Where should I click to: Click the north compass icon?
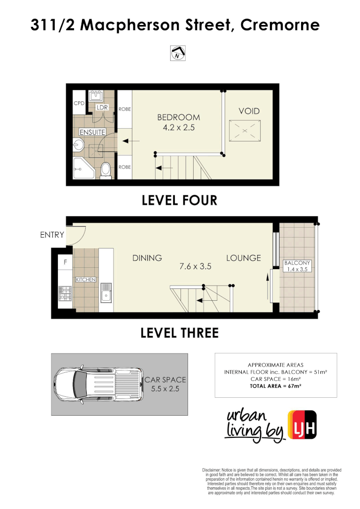[x=178, y=54]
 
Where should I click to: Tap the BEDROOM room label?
[x=179, y=117]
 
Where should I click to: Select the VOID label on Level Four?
[x=249, y=111]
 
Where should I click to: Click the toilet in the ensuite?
[x=106, y=170]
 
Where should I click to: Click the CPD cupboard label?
[x=79, y=103]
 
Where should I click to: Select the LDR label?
[x=102, y=107]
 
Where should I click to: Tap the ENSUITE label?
[x=92, y=132]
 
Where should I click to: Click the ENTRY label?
[x=52, y=235]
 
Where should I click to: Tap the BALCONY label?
[x=297, y=263]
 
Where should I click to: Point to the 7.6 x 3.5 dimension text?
[x=195, y=266]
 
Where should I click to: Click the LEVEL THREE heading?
[x=180, y=333]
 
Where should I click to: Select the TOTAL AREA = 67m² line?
[x=275, y=386]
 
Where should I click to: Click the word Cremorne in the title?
[x=280, y=25]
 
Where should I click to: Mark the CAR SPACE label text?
[x=165, y=379]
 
